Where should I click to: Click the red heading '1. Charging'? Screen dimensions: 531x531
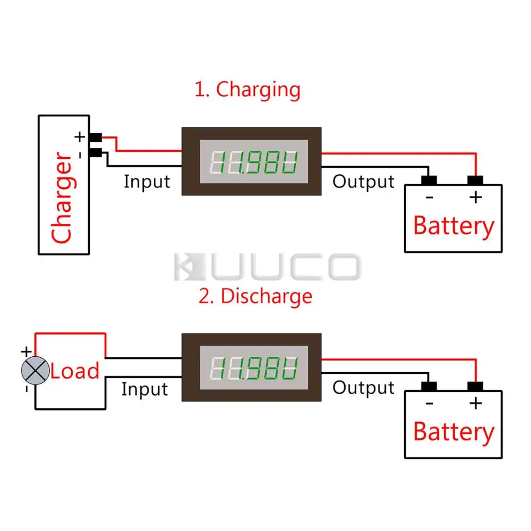[x=247, y=89]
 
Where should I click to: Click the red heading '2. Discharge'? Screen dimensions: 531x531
[x=255, y=296]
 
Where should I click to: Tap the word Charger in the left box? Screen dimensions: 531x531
[x=62, y=198]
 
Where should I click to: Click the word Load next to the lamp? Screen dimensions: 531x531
[x=75, y=371]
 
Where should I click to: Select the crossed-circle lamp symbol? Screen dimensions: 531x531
[x=35, y=370]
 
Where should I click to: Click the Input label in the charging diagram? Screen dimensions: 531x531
[x=147, y=182]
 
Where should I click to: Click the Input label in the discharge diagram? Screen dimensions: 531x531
[x=144, y=389]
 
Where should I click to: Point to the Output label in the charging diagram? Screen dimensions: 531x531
[x=363, y=182]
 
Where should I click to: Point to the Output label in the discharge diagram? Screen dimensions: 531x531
[x=363, y=388]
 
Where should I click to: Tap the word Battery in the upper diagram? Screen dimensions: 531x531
[x=453, y=226]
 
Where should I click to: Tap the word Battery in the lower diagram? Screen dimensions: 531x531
[x=453, y=432]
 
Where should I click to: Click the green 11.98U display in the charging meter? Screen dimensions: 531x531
[x=253, y=162]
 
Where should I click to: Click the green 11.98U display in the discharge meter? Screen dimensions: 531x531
[x=253, y=368]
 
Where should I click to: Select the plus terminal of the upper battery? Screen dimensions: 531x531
[x=475, y=181]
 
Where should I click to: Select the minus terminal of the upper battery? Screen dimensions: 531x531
[x=429, y=181]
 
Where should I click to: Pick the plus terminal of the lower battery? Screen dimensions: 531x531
[x=475, y=386]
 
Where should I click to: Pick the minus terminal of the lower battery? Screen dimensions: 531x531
[x=429, y=386]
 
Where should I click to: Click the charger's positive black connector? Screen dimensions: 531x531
[x=96, y=137]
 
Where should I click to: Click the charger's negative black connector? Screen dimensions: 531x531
[x=96, y=153]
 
